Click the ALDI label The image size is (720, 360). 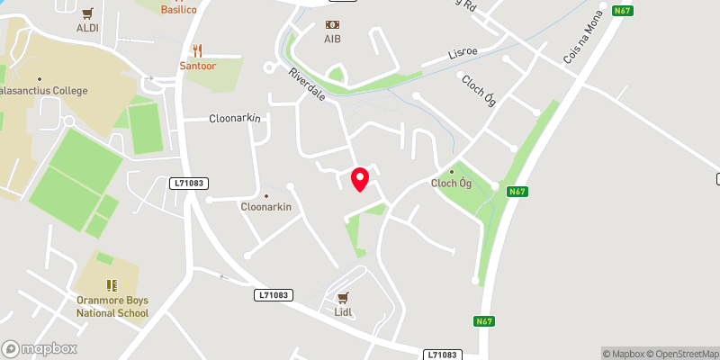[x=86, y=28]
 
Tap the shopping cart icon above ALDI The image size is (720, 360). [x=86, y=13]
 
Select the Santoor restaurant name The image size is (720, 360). [x=196, y=67]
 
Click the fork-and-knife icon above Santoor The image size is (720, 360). [x=196, y=51]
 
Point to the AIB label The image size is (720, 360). [x=333, y=40]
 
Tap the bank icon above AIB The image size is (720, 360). [x=333, y=24]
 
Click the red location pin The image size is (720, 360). [x=360, y=179]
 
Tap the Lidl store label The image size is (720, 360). [x=342, y=312]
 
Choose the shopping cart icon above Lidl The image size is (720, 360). [x=342, y=297]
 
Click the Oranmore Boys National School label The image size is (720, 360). [x=112, y=308]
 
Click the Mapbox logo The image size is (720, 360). [x=40, y=348]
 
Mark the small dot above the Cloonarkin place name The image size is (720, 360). [x=265, y=195]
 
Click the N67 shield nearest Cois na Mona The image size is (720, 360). [x=622, y=11]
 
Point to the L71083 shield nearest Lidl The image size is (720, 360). [x=274, y=294]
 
